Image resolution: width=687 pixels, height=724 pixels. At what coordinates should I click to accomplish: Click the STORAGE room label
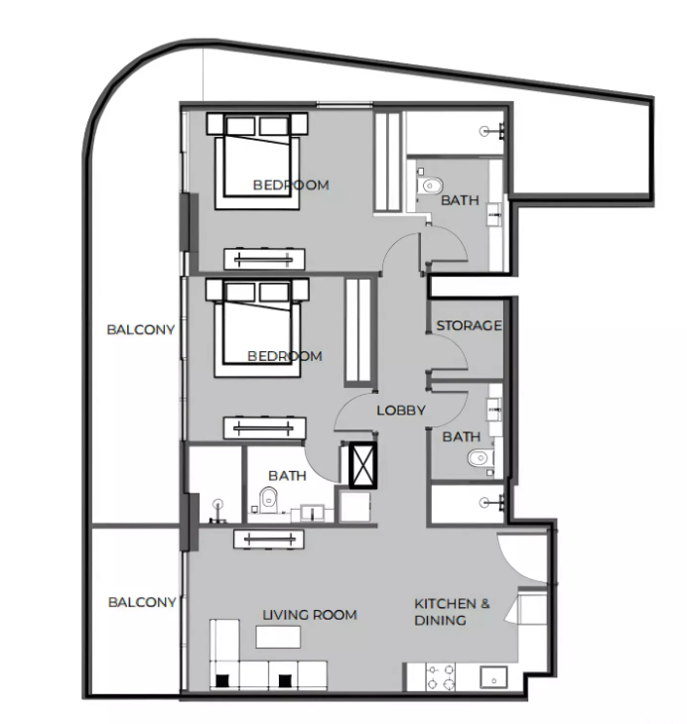pyautogui.click(x=469, y=325)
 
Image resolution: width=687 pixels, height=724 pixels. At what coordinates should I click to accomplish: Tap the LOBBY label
pyautogui.click(x=401, y=410)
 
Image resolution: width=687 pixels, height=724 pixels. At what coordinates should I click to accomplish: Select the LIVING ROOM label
pyautogui.click(x=310, y=615)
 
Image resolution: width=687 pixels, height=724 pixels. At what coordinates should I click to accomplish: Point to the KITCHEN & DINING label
pyautogui.click(x=452, y=612)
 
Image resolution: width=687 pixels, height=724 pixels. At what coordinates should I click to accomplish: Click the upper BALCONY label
pyautogui.click(x=141, y=329)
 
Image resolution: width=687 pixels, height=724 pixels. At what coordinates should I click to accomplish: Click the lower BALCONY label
pyautogui.click(x=142, y=602)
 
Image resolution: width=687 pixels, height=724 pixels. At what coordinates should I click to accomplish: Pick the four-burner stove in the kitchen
pyautogui.click(x=440, y=677)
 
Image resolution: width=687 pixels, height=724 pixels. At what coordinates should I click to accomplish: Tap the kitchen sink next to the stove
pyautogui.click(x=493, y=677)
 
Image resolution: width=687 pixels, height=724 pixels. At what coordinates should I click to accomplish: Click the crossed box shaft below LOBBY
pyautogui.click(x=363, y=465)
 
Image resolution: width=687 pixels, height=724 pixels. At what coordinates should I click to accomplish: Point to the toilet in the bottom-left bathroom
pyautogui.click(x=268, y=500)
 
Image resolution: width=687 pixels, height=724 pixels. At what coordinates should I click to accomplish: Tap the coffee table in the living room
pyautogui.click(x=278, y=637)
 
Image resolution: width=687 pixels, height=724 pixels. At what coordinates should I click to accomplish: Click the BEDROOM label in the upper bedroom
pyautogui.click(x=291, y=184)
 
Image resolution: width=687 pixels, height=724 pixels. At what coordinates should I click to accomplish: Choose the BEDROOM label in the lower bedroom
pyautogui.click(x=285, y=356)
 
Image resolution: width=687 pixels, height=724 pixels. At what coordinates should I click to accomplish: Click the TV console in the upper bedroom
pyautogui.click(x=264, y=259)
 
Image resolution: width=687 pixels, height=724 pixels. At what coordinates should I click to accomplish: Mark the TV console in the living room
pyautogui.click(x=269, y=540)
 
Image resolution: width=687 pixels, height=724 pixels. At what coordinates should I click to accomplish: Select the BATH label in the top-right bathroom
pyautogui.click(x=460, y=200)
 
